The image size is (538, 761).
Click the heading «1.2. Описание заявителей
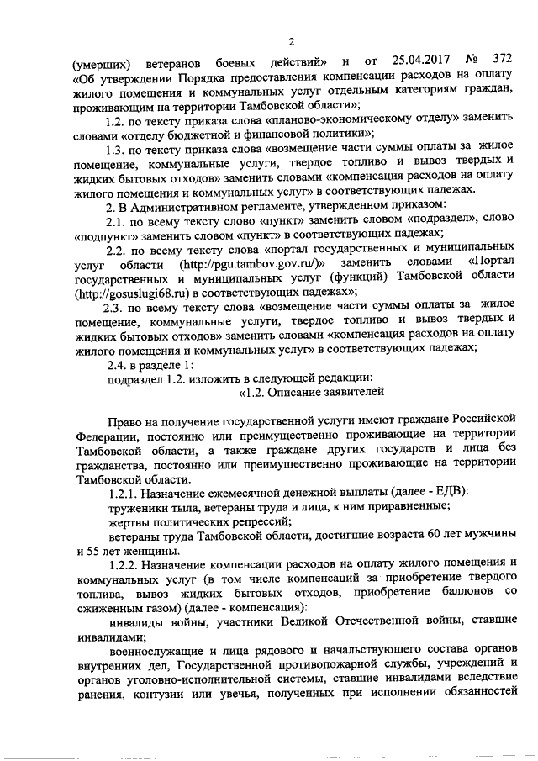[x=312, y=392]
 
